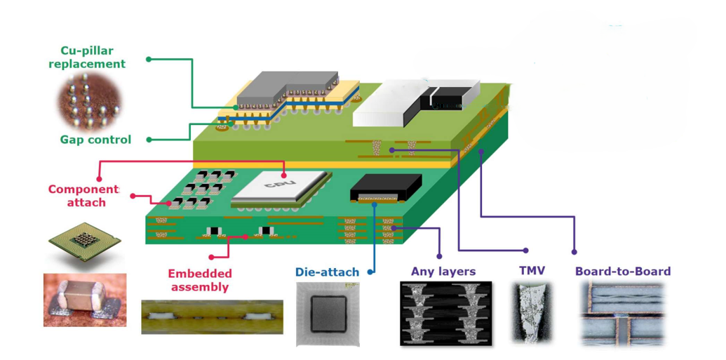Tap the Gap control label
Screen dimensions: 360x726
pos(95,140)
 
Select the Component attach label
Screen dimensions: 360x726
pos(83,196)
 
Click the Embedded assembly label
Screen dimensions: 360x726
pos(200,280)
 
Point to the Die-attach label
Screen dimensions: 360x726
pos(327,272)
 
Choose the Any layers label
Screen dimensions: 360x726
pos(443,272)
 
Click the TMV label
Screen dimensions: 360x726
pos(532,271)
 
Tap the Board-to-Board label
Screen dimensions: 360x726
pos(623,272)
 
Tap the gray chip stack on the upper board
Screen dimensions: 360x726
pos(288,89)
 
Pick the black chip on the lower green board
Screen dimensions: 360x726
pos(386,187)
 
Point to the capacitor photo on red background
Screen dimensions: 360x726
pos(85,300)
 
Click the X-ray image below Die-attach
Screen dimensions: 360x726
pos(328,314)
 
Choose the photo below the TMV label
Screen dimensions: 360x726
pos(532,312)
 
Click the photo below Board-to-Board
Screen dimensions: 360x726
pos(623,313)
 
